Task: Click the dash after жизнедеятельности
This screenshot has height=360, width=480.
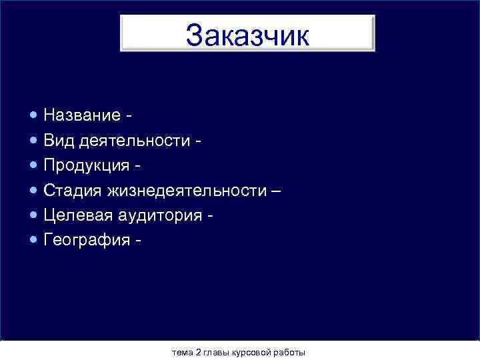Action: pyautogui.click(x=276, y=191)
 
